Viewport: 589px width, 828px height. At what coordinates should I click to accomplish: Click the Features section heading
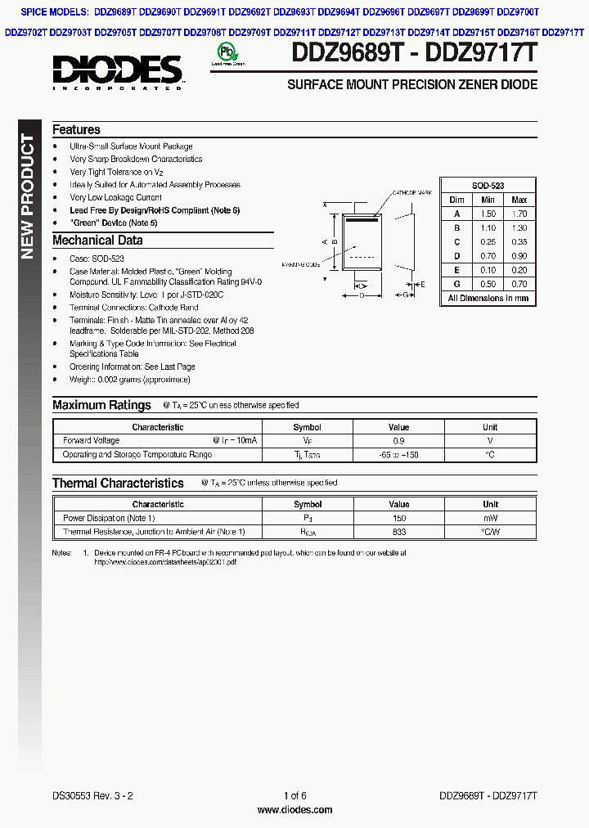[76, 130]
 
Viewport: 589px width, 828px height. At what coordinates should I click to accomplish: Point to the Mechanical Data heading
[97, 241]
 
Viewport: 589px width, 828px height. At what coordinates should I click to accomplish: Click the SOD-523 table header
[488, 187]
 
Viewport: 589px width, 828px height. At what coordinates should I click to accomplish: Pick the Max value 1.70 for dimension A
[519, 214]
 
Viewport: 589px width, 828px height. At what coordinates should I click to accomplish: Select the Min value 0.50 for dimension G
[488, 284]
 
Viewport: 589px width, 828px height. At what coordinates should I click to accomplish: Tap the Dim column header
[456, 200]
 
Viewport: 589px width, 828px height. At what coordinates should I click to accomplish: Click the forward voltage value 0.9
[398, 440]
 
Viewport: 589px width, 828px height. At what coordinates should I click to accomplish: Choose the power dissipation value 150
[398, 518]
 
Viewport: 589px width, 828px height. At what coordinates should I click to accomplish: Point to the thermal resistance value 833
[398, 532]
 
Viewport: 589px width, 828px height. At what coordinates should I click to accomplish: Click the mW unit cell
[490, 518]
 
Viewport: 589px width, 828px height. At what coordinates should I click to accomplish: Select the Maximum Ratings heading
[101, 405]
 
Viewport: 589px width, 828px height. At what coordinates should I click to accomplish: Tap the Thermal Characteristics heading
[118, 484]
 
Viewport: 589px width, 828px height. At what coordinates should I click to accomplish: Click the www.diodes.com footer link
[294, 810]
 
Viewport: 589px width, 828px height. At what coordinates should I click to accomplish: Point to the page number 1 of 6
[294, 796]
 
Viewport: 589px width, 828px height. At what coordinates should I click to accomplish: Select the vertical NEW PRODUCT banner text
[28, 196]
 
